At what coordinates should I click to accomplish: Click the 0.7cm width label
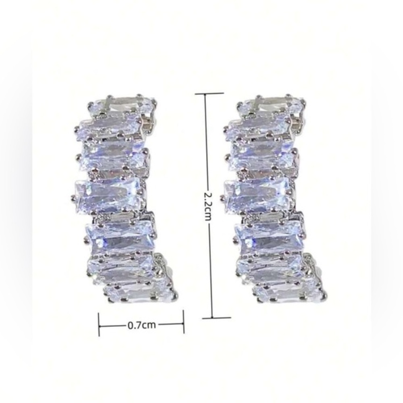tap(141, 325)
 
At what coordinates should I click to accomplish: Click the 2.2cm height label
tap(207, 206)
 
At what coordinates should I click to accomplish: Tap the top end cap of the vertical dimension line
tap(209, 93)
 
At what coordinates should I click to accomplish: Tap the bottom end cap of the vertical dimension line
tap(216, 318)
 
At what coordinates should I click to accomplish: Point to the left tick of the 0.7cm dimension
tap(99, 324)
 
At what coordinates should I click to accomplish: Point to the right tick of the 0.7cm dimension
tap(183, 322)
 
